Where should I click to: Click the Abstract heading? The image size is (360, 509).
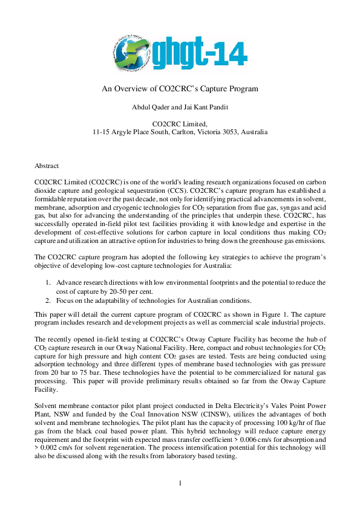(47, 165)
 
